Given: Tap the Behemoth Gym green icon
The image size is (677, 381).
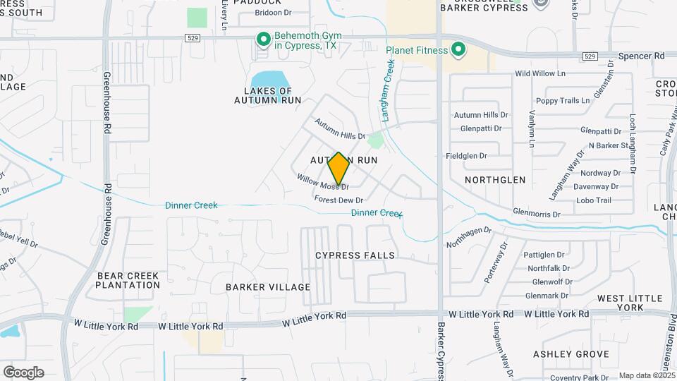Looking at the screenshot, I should click(263, 39).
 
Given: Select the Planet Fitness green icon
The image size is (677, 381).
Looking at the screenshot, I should click(458, 50).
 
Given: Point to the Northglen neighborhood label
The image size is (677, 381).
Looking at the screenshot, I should click(495, 180).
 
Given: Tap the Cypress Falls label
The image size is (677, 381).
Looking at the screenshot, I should click(355, 255).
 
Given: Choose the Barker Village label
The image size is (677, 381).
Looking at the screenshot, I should click(268, 287).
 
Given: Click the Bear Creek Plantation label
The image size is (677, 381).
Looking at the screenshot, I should click(128, 280).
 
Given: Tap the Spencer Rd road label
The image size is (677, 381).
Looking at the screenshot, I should click(641, 55).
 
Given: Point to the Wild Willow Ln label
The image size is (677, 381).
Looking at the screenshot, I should click(540, 73).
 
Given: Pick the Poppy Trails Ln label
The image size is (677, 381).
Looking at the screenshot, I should click(562, 101).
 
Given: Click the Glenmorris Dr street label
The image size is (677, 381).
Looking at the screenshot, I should click(536, 213).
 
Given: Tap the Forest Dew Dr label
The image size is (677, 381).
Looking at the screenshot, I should click(338, 200).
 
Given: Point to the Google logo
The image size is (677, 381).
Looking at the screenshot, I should click(23, 373).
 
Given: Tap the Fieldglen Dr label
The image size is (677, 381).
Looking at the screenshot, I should click(466, 156).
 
